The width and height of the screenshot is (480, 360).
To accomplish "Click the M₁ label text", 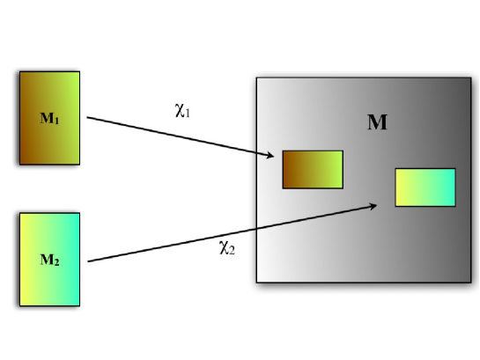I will pyautogui.click(x=49, y=118).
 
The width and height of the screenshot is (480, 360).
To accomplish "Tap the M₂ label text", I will pyautogui.click(x=49, y=260).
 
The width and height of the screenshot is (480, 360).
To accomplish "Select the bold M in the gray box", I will pyautogui.click(x=377, y=122).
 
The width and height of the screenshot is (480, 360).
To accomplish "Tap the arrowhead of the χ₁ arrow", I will pyautogui.click(x=273, y=157).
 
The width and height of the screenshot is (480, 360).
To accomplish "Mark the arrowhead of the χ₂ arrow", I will pyautogui.click(x=376, y=206).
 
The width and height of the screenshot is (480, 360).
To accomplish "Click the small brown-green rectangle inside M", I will pyautogui.click(x=312, y=169).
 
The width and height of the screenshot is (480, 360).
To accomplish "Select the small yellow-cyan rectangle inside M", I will pyautogui.click(x=425, y=187).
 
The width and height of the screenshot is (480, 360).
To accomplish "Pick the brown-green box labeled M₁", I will pyautogui.click(x=49, y=117).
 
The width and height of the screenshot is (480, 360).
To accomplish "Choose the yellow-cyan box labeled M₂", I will pyautogui.click(x=49, y=259).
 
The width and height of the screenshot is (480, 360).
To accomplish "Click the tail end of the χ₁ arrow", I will pyautogui.click(x=88, y=117).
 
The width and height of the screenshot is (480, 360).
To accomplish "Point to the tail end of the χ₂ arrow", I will pyautogui.click(x=88, y=261).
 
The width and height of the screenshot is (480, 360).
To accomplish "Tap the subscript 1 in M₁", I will pyautogui.click(x=56, y=121).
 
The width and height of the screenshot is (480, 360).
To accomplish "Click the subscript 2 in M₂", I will pyautogui.click(x=56, y=262).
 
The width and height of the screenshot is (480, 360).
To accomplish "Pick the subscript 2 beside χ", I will pyautogui.click(x=232, y=249).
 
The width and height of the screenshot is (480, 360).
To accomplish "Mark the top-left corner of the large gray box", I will pyautogui.click(x=256, y=78).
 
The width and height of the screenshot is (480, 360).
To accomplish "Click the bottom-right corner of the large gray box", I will pyautogui.click(x=471, y=283).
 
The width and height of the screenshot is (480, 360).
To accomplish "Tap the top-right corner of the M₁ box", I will pyautogui.click(x=79, y=71).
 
